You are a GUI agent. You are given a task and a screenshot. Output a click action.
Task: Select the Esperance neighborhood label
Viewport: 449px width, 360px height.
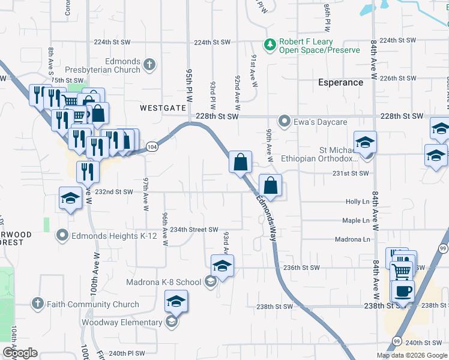(340, 82)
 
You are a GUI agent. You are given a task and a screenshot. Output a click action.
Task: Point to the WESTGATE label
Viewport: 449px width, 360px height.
(163, 109)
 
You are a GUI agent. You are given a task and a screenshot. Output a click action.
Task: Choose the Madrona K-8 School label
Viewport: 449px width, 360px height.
(163, 282)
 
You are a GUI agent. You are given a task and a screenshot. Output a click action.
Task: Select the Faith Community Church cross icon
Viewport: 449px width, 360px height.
(38, 304)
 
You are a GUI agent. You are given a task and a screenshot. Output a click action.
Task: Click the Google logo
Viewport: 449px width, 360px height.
(20, 353)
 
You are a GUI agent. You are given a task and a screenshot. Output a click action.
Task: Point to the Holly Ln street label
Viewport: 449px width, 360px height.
(357, 202)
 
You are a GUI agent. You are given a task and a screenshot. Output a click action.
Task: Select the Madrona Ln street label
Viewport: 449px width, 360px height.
(352, 239)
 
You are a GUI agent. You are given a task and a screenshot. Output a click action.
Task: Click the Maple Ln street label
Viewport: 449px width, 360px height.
(355, 221)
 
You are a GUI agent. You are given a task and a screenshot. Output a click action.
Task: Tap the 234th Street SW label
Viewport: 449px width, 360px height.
(194, 230)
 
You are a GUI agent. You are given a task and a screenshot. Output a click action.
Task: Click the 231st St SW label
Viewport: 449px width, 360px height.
(350, 173)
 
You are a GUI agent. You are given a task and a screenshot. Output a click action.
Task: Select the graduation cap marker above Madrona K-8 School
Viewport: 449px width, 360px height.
(222, 264)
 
